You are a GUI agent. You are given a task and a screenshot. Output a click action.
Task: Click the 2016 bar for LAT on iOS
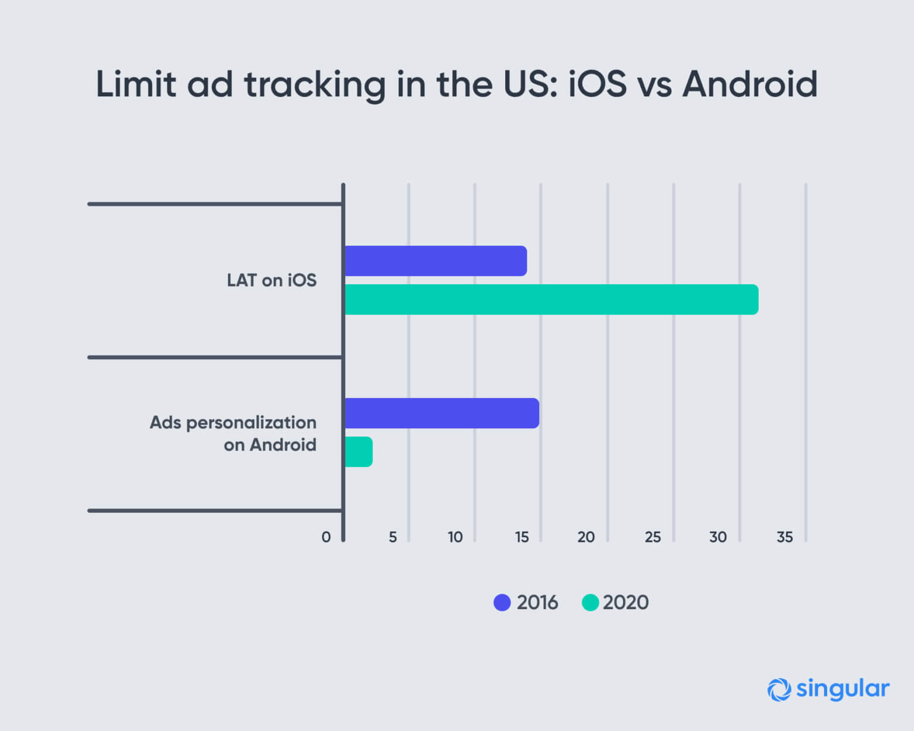point(436,261)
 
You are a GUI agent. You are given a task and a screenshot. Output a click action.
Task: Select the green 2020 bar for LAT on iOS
point(551,299)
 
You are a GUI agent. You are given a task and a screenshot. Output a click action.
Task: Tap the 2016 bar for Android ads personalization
point(442,413)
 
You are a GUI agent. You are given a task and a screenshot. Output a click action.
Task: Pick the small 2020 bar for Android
point(359,451)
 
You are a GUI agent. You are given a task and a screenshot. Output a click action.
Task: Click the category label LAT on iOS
point(271,280)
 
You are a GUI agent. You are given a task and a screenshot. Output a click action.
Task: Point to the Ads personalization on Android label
point(233,433)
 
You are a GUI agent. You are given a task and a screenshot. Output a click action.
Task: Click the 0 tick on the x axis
point(325,537)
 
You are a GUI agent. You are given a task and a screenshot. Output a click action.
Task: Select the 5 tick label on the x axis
point(393,537)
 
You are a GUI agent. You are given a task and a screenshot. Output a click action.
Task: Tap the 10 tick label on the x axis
point(455,537)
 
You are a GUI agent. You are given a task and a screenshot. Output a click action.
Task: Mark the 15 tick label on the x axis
point(522,537)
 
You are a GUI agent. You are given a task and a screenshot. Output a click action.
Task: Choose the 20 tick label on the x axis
point(586,537)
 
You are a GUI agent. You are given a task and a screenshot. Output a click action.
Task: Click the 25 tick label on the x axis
point(653,537)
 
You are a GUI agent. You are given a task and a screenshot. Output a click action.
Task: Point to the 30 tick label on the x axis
point(718,537)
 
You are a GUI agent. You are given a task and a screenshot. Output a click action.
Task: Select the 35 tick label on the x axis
point(784,537)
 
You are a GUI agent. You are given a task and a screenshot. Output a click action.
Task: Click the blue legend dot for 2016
point(502,603)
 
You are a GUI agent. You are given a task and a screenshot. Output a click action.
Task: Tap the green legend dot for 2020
point(590,603)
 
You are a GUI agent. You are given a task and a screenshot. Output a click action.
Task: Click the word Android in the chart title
point(750,84)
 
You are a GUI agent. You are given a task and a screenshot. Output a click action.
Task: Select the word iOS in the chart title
point(597,84)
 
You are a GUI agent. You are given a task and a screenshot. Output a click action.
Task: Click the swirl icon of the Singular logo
point(779,689)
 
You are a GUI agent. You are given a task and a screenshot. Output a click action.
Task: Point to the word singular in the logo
point(842,689)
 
